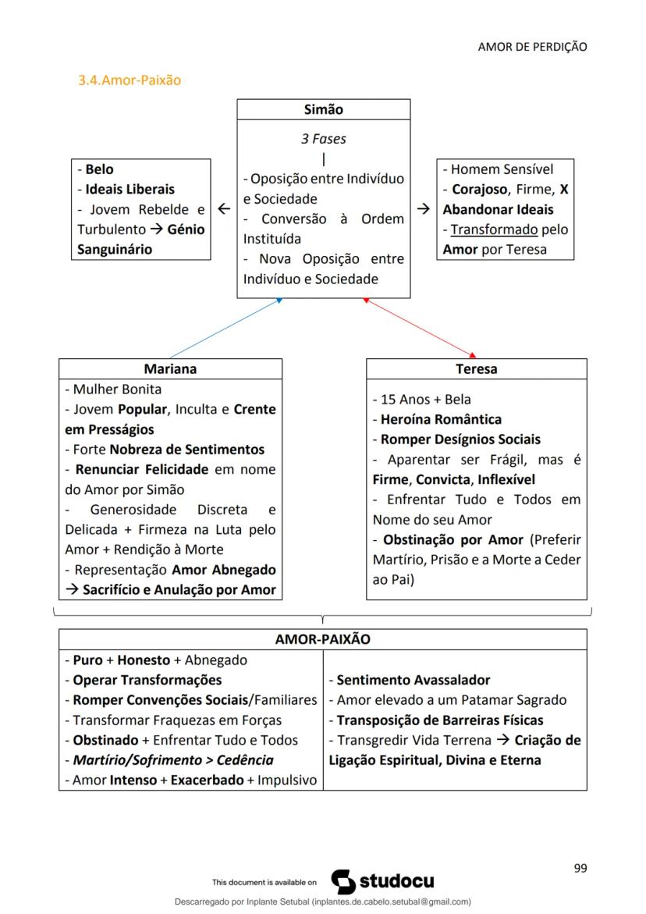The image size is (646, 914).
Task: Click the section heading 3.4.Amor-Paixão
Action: coord(130,80)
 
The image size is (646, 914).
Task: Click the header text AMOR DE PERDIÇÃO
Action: coord(532,47)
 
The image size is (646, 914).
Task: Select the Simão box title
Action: coord(323,110)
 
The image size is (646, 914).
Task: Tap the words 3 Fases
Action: coord(323,139)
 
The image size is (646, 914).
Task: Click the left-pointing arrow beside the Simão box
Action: coord(224,209)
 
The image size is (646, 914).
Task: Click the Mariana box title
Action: coord(170,369)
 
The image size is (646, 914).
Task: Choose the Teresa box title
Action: coord(476,369)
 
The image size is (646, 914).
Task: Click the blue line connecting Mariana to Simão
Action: coord(225,328)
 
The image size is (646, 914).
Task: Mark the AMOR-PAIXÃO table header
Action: coord(323,639)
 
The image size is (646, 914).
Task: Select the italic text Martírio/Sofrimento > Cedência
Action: coord(173,759)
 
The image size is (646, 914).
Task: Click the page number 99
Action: coord(580,868)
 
